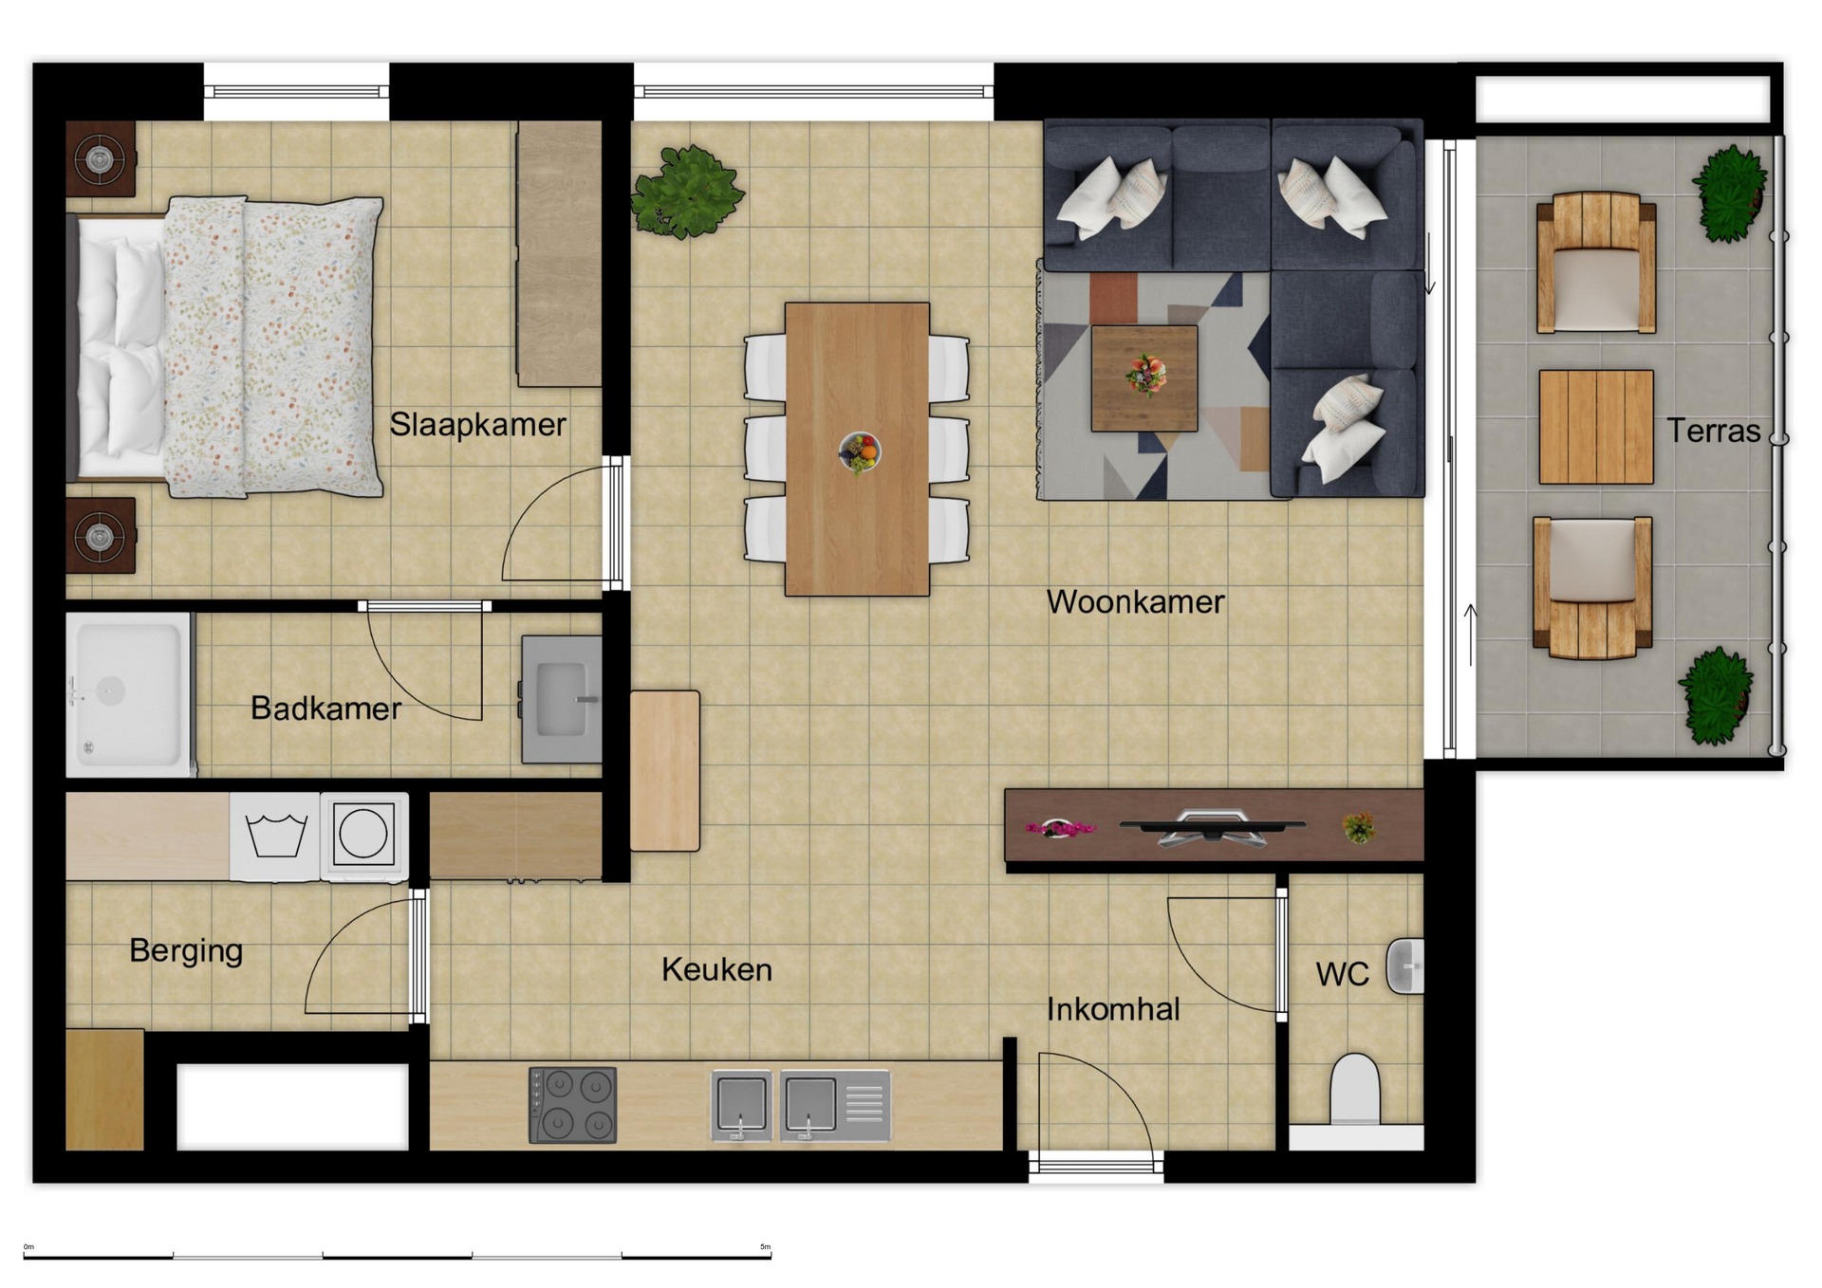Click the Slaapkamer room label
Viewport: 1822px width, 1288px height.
point(477,424)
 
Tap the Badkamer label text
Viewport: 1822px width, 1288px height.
point(325,708)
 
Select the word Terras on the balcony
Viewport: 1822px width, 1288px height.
point(1714,431)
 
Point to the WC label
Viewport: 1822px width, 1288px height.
point(1343,974)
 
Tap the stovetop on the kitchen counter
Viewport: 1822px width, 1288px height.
point(573,1105)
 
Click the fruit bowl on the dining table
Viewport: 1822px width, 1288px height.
point(860,451)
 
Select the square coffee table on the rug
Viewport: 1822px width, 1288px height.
point(1144,378)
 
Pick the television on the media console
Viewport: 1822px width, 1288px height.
point(1213,826)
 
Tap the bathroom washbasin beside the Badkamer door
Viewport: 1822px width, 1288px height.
point(562,699)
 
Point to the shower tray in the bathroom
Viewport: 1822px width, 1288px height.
point(129,694)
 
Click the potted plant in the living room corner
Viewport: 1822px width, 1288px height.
point(687,192)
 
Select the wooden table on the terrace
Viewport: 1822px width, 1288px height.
point(1596,427)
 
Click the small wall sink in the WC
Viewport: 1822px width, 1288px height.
point(1405,966)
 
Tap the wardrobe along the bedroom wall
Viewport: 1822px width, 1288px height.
point(559,253)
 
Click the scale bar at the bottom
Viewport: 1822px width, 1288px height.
point(397,1255)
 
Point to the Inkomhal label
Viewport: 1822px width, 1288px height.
point(1113,1009)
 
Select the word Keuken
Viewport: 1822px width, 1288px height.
point(716,969)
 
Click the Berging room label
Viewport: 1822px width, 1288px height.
point(186,951)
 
